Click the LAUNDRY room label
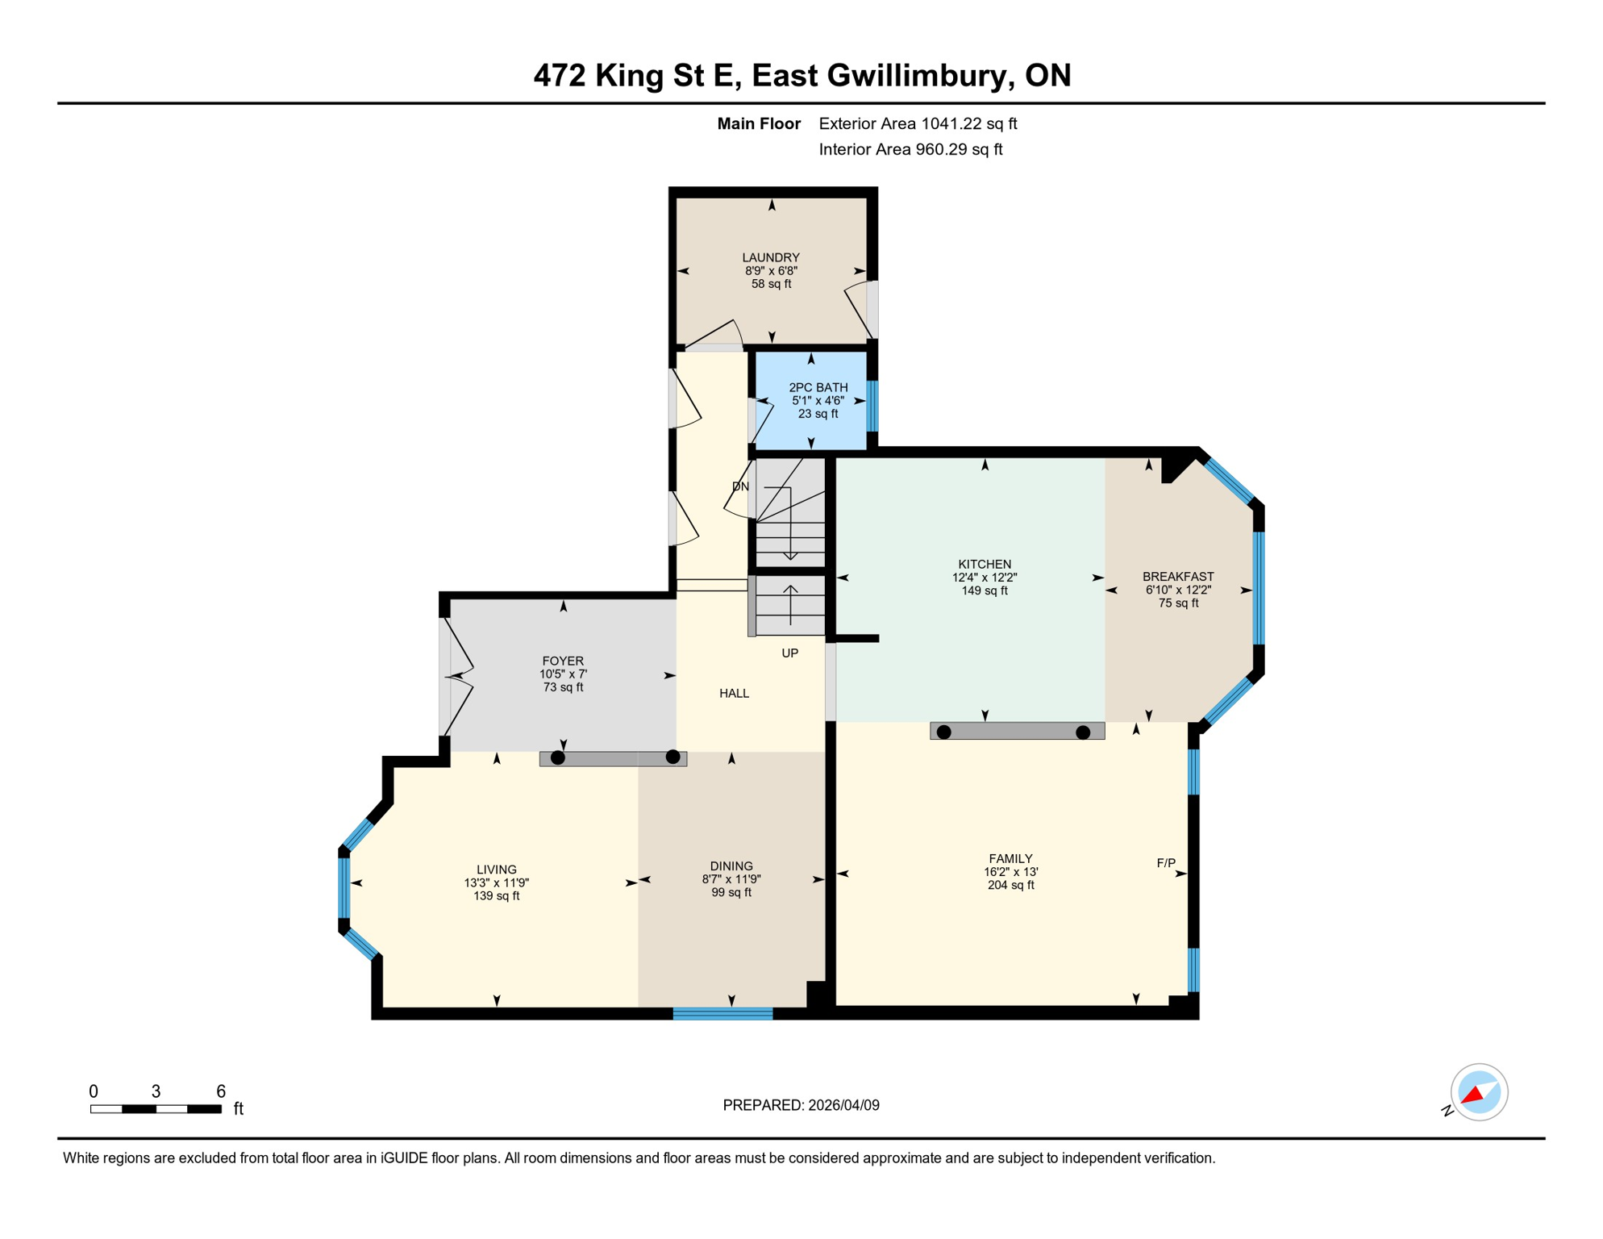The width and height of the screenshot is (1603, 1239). pos(770,257)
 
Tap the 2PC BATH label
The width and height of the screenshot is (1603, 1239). pos(818,387)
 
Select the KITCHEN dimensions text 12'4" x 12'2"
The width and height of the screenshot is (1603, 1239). pos(984,578)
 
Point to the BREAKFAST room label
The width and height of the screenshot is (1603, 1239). pos(1177,576)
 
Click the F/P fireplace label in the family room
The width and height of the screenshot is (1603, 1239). pos(1165,863)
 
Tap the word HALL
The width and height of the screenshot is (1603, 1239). pos(734,693)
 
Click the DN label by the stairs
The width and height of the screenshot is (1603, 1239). pos(740,486)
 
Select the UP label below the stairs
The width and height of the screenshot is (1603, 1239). pos(789,653)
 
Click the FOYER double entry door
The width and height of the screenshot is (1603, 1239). pos(456,676)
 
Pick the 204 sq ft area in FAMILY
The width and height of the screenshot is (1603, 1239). pos(1010,885)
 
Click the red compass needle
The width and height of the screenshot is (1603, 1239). pos(1473,1095)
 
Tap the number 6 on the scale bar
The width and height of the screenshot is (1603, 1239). pos(221,1091)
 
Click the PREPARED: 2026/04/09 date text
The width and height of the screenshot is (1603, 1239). pos(801,1105)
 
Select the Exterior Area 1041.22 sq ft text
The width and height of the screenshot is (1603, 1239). pos(918,123)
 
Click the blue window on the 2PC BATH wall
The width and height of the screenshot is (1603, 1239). pos(872,406)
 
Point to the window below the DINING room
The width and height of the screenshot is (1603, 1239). pos(722,1014)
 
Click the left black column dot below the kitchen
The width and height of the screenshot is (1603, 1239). pos(943,732)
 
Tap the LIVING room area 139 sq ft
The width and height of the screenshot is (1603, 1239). pos(496,895)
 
